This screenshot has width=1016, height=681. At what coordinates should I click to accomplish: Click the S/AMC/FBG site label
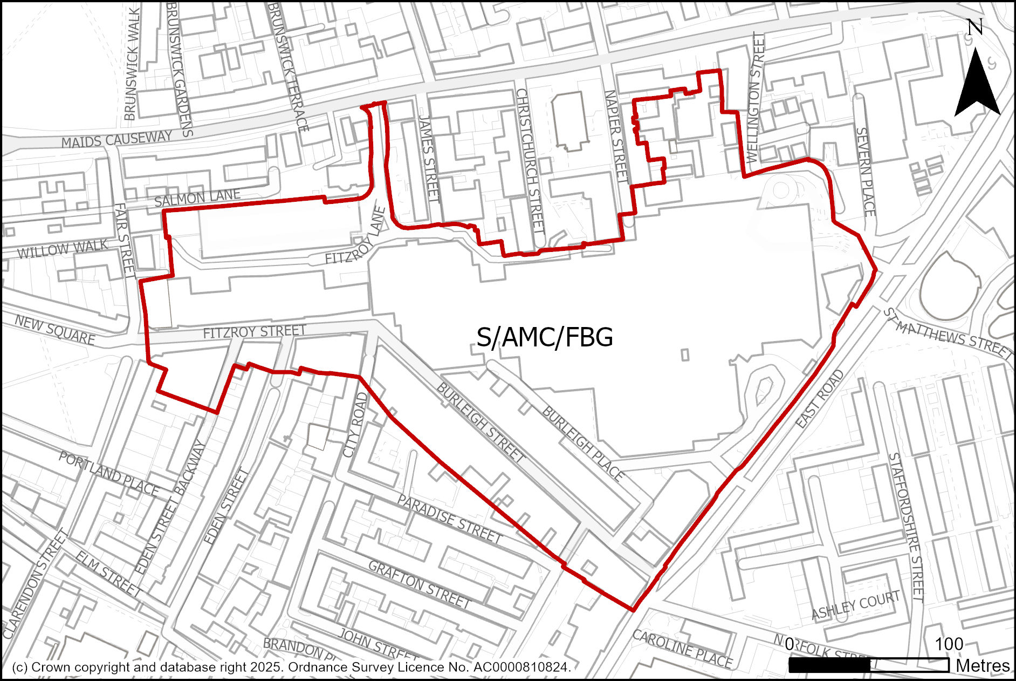click(545, 337)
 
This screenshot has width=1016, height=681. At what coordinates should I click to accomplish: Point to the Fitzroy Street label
click(255, 331)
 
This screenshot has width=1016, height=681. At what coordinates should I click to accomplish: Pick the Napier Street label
click(616, 135)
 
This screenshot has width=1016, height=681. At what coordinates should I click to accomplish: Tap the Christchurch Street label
click(530, 161)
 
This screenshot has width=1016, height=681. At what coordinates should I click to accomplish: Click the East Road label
click(820, 399)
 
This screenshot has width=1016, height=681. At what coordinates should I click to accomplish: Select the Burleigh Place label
click(582, 444)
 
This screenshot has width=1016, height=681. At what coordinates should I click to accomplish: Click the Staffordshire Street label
click(907, 527)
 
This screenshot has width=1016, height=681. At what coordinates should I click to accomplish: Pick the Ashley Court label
click(855, 604)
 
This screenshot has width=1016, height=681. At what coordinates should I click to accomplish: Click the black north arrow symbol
click(977, 86)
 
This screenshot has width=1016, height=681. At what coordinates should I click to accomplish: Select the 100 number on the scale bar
click(949, 644)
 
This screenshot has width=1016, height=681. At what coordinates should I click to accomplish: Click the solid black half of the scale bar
click(829, 665)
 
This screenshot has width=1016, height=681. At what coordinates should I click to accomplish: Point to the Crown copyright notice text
click(291, 667)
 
